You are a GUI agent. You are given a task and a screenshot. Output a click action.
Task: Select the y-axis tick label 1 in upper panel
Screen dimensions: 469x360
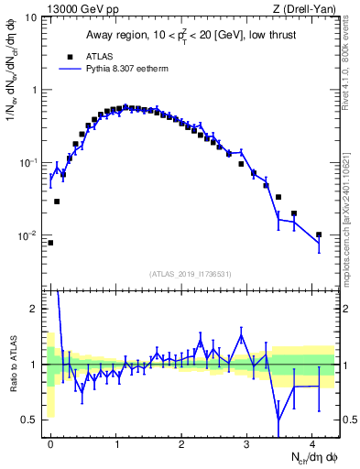click(35, 90)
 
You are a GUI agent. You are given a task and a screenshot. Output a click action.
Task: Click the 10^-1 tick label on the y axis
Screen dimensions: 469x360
click(29, 162)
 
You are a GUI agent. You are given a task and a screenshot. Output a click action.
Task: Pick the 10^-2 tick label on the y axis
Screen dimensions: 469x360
click(29, 235)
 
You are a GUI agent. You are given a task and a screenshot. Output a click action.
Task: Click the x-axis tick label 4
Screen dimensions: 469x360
click(313, 442)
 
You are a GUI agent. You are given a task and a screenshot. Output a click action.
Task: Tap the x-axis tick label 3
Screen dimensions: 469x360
click(247, 442)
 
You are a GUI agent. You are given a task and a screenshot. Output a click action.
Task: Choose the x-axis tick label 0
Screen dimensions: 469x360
click(51, 442)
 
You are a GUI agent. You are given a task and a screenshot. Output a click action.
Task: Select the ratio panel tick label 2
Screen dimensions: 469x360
click(35, 309)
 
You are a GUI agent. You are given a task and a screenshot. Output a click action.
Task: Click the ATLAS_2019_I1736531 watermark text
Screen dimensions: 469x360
click(191, 274)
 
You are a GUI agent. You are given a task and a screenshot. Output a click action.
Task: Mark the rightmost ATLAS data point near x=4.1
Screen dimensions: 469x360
click(319, 234)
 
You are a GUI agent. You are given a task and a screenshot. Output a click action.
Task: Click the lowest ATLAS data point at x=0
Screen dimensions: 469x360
click(50, 243)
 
